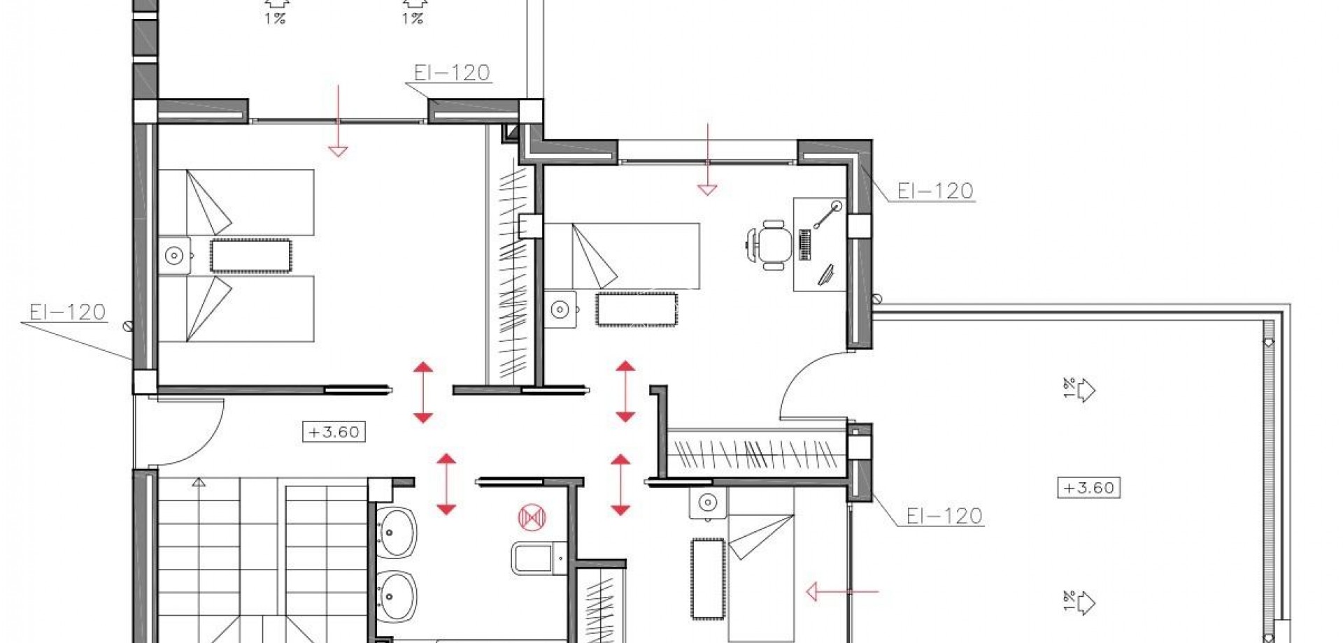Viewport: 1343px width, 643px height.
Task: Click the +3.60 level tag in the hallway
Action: click(334, 432)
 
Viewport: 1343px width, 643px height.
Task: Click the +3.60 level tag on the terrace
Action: click(1088, 487)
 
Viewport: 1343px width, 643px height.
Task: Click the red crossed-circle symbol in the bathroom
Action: click(532, 518)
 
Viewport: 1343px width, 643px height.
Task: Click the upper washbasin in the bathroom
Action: click(397, 533)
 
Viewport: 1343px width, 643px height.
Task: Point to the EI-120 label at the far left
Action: click(68, 312)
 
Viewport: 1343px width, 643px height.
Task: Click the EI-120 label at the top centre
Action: click(452, 73)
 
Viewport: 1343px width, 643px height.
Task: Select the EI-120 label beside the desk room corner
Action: click(935, 191)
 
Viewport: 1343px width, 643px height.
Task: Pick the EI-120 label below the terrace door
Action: click(944, 516)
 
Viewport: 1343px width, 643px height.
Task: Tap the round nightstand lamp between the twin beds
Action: click(174, 256)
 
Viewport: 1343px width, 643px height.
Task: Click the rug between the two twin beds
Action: click(251, 256)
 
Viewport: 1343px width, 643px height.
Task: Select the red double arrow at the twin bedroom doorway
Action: click(422, 392)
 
